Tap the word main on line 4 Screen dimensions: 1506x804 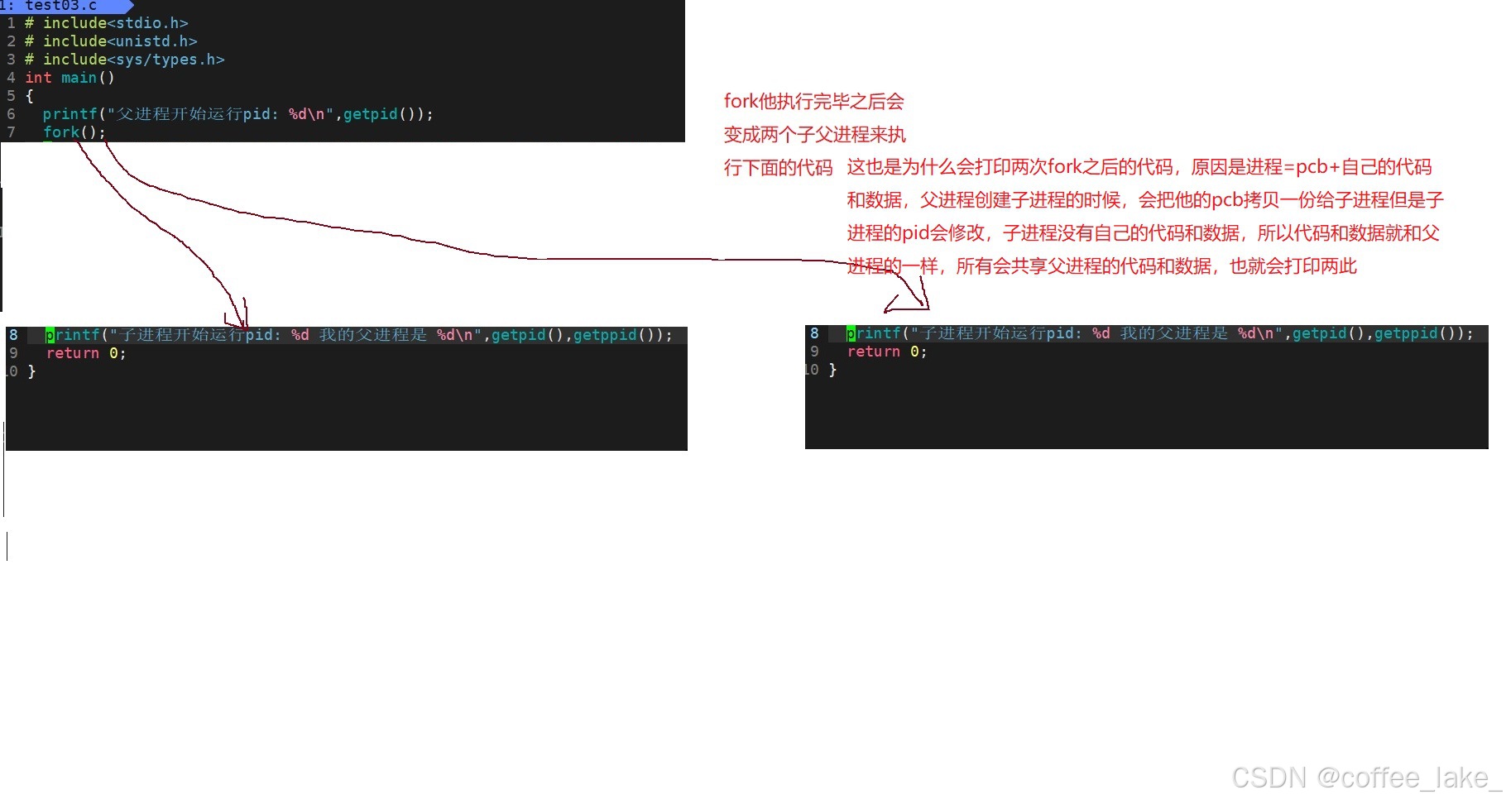[x=79, y=78]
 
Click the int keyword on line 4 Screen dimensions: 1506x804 [x=38, y=78]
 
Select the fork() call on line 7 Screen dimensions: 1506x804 [x=74, y=132]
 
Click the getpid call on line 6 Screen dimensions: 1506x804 [x=371, y=114]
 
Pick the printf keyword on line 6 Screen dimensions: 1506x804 [x=70, y=114]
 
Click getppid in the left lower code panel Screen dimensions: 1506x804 [x=605, y=335]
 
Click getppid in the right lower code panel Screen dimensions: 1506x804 [x=1406, y=333]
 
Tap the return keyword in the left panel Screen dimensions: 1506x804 [x=72, y=353]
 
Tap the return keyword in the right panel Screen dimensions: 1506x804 [x=873, y=352]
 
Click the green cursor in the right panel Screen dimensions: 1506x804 [x=851, y=333]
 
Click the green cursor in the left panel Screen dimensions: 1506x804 [x=50, y=335]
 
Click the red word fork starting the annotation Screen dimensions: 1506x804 [x=741, y=102]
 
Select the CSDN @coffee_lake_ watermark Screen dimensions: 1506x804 [x=1365, y=778]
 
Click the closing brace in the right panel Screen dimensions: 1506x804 [x=832, y=370]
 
